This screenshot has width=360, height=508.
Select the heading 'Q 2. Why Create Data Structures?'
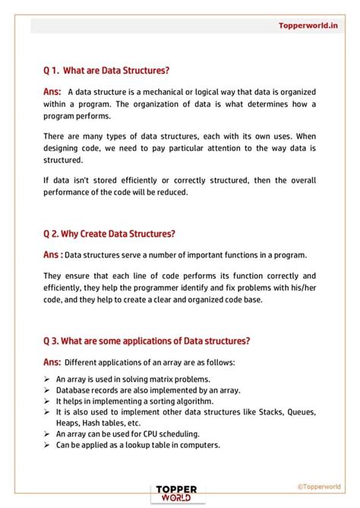[x=110, y=233]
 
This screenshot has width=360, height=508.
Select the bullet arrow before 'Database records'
[x=48, y=390]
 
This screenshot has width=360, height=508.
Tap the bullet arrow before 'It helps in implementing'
[x=48, y=401]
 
